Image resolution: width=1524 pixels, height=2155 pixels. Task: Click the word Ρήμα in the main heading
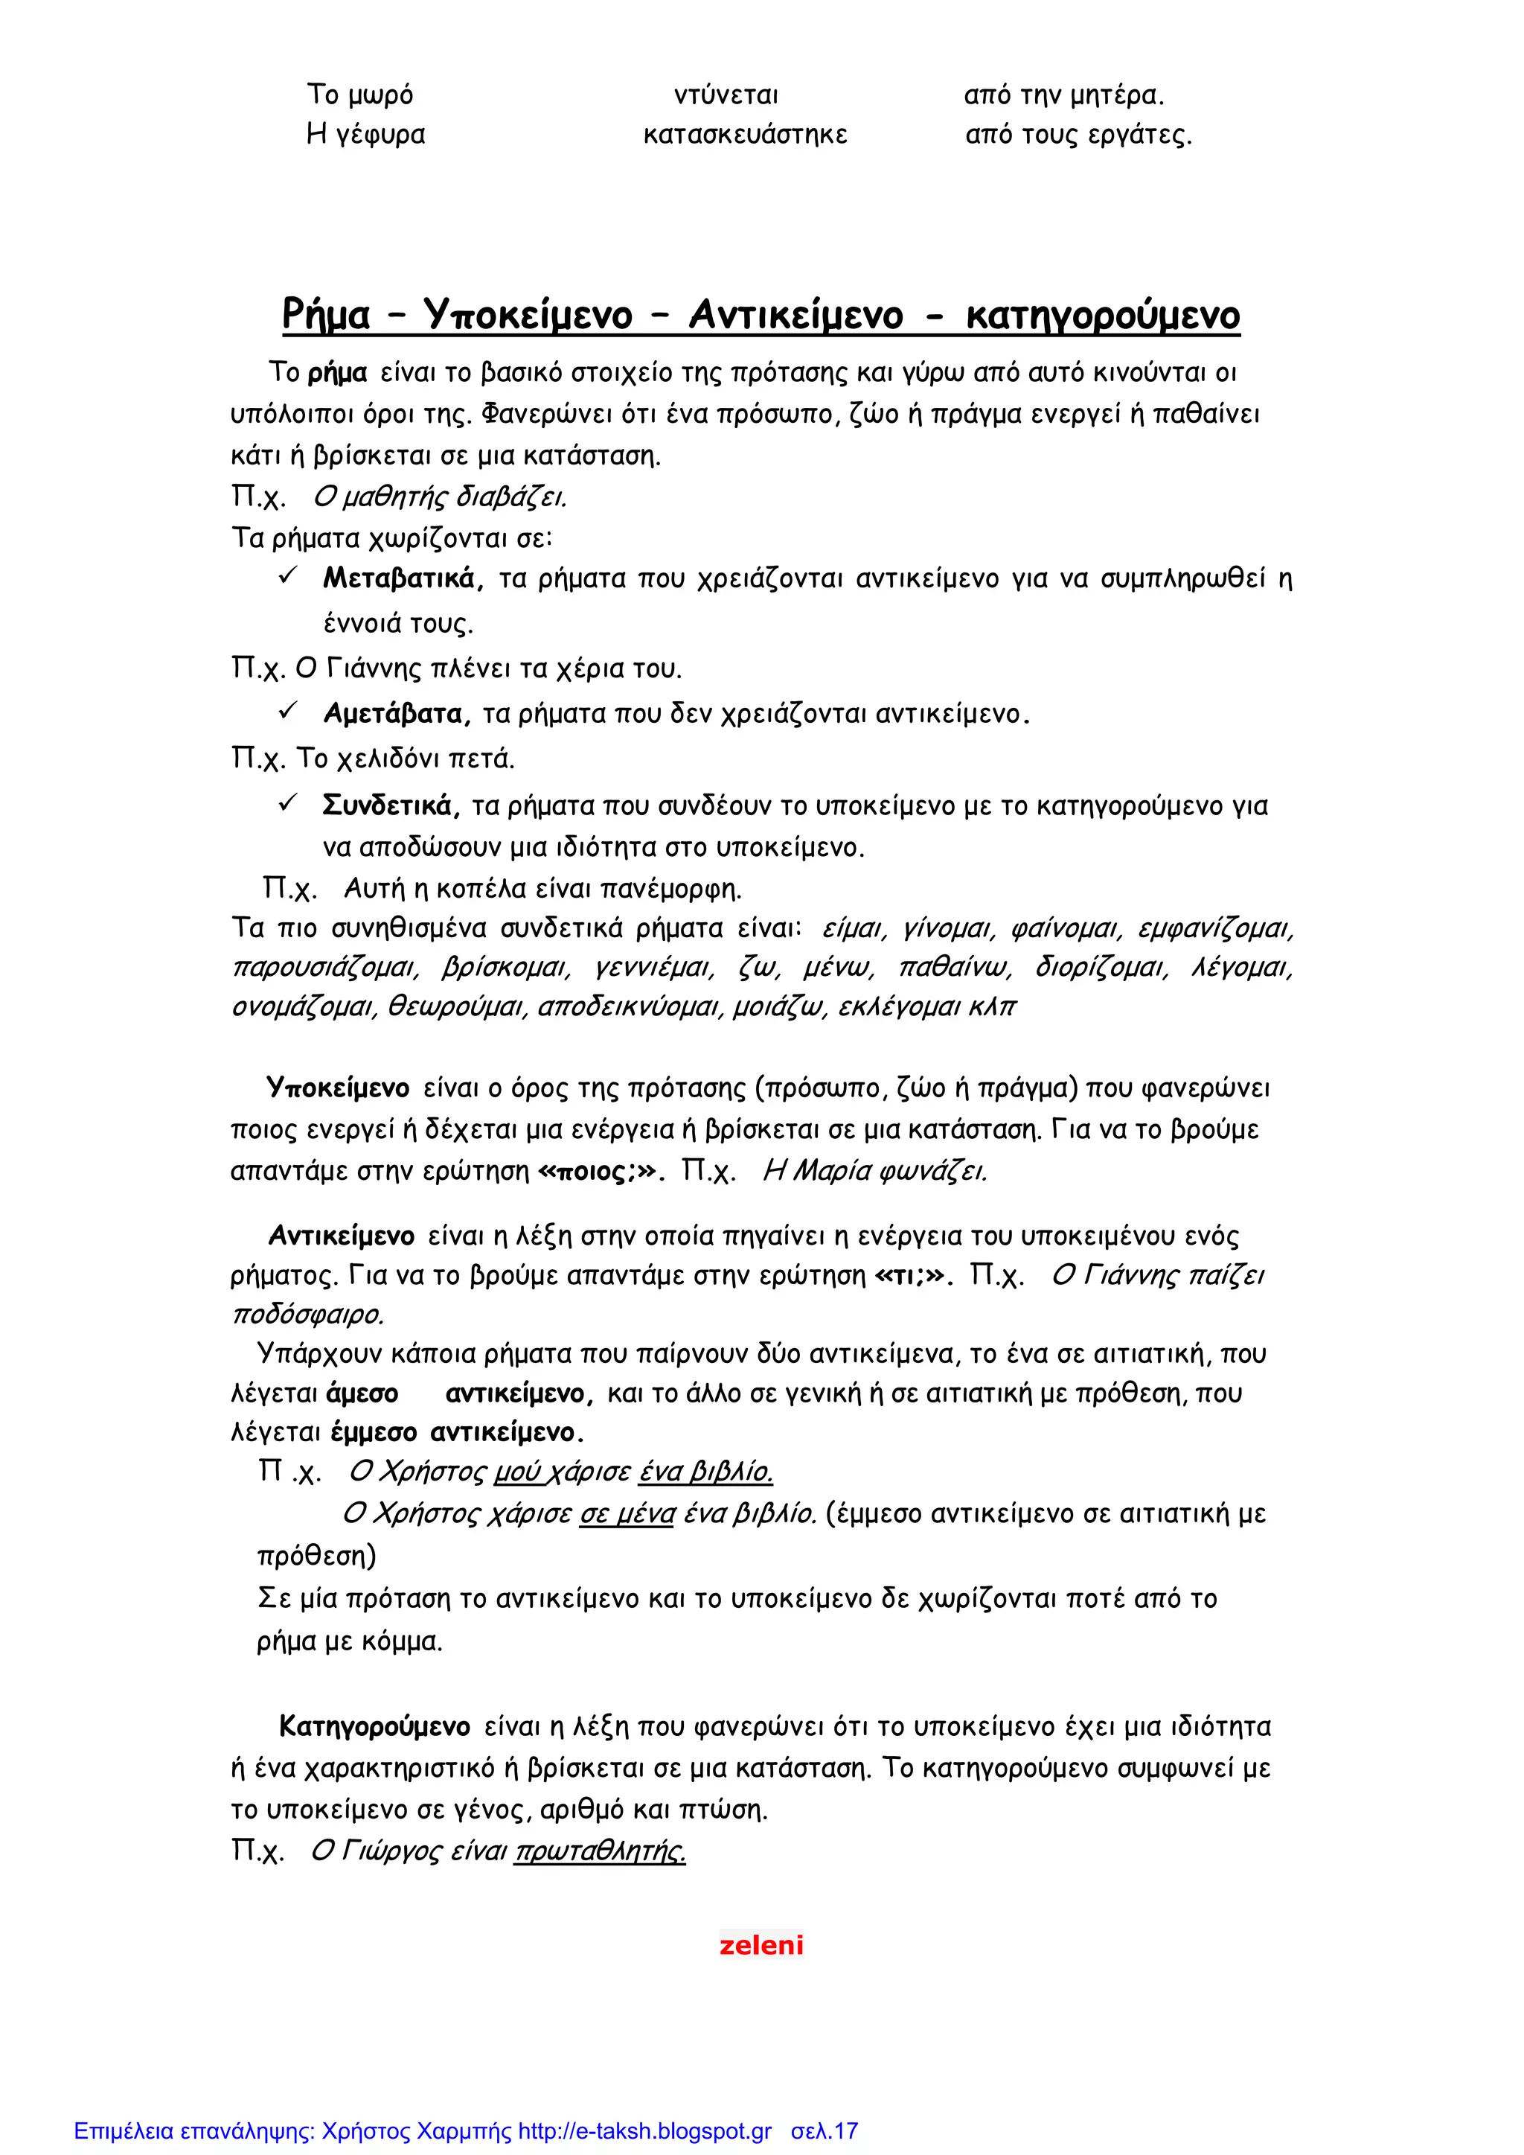pyautogui.click(x=326, y=316)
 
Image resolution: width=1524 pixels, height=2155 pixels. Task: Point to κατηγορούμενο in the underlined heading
pyautogui.click(x=1103, y=316)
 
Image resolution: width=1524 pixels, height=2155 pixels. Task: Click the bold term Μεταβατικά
pyautogui.click(x=403, y=578)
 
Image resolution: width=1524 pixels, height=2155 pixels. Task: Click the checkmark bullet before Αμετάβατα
pyautogui.click(x=288, y=712)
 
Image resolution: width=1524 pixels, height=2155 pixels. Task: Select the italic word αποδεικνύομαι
pyautogui.click(x=630, y=1008)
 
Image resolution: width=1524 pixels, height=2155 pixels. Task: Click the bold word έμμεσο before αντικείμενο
pyautogui.click(x=374, y=1433)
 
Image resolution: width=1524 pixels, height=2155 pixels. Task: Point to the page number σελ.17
pyautogui.click(x=824, y=2130)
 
